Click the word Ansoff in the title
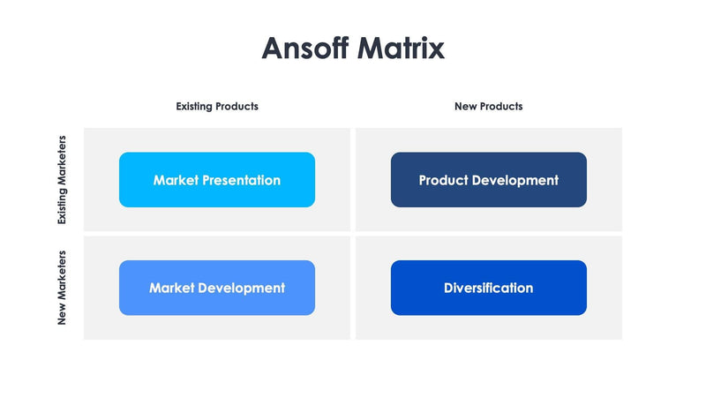[305, 48]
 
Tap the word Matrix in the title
[401, 48]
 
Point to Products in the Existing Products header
[237, 106]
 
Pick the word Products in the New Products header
[501, 106]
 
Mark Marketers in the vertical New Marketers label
[62, 275]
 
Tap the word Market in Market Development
[171, 288]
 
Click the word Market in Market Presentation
[176, 180]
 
